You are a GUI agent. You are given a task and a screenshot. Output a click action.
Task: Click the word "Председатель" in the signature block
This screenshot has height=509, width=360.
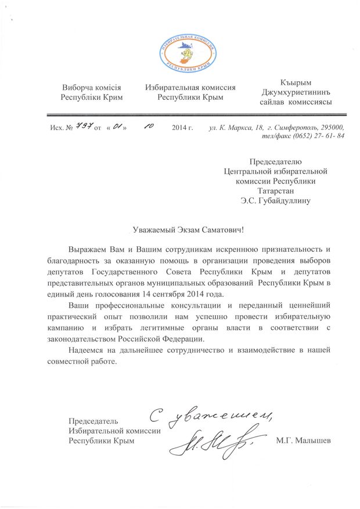pos(93,420)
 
